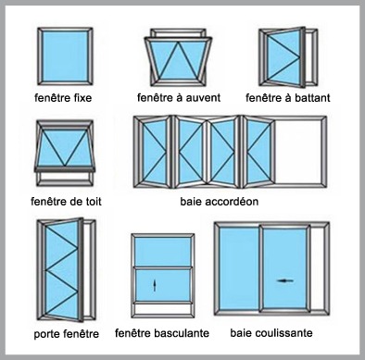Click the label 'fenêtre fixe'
(63, 98)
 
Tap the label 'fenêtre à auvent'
(179, 98)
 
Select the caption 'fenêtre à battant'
(288, 98)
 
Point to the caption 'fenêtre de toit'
(66, 202)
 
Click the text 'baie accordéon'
(220, 202)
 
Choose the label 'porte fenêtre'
(67, 334)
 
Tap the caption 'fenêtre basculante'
(162, 333)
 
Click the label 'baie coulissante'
(271, 333)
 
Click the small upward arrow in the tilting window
(155, 285)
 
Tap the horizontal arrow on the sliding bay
(285, 280)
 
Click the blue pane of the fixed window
(65, 56)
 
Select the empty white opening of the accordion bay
(299, 152)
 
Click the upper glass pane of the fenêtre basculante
(163, 251)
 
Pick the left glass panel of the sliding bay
(239, 268)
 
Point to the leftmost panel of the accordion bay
(155, 152)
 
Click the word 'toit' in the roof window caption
(94, 202)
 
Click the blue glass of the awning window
(179, 61)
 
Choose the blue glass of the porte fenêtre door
(62, 270)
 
